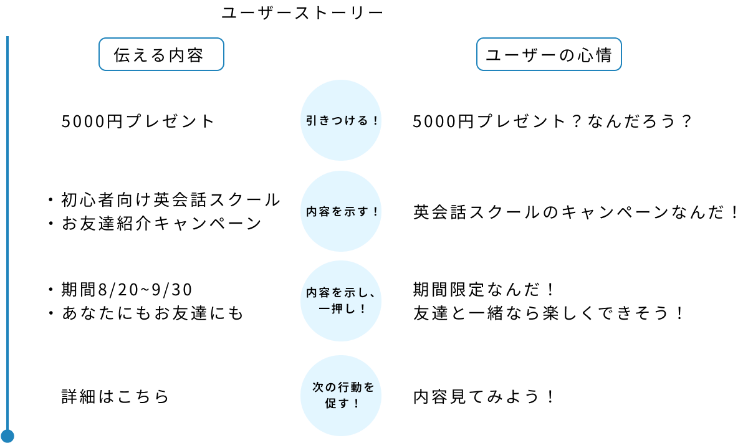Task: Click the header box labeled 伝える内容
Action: tap(161, 55)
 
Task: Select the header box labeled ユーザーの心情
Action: tap(549, 55)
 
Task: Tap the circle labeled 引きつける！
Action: tap(340, 120)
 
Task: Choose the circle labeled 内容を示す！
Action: tap(340, 211)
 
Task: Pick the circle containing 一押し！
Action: tap(340, 301)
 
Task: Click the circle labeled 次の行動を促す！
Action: tap(340, 396)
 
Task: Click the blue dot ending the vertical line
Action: tap(7, 436)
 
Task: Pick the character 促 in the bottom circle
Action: tap(331, 403)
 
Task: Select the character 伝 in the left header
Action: tap(122, 55)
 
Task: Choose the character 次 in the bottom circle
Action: tap(317, 388)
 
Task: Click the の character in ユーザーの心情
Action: tap(566, 55)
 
